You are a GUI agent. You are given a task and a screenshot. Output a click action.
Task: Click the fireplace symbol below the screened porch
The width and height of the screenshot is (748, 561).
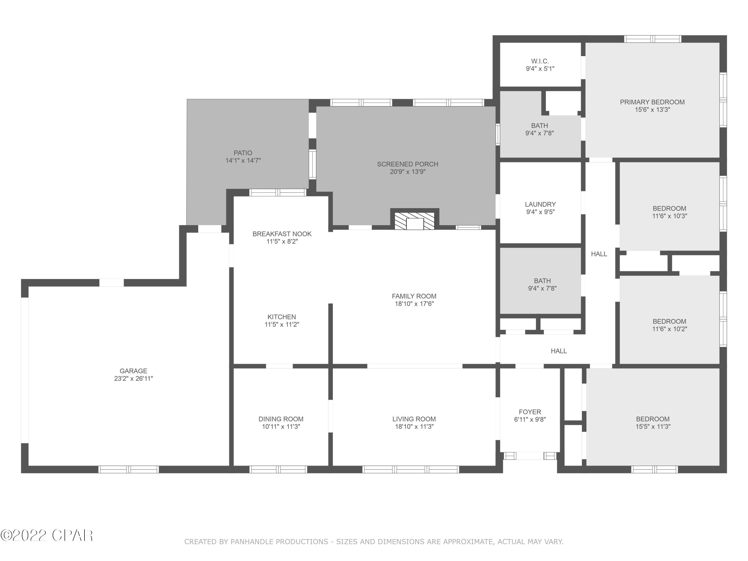coord(415,221)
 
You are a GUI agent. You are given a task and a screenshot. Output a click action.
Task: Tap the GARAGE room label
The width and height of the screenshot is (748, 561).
coord(133,371)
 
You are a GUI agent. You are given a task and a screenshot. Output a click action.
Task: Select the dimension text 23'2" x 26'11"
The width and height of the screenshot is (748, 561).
coord(133,379)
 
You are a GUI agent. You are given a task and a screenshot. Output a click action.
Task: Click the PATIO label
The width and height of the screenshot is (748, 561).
coord(243,153)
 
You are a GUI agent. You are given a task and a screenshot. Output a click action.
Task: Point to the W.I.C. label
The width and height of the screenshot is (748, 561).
coord(540,61)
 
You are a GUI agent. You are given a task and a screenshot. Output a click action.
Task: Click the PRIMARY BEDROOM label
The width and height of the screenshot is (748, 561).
coord(652,102)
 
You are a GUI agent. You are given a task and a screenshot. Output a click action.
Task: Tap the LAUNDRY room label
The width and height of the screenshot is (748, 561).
coord(540,204)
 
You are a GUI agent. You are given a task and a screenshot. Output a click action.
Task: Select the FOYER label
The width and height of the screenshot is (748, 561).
coord(530,412)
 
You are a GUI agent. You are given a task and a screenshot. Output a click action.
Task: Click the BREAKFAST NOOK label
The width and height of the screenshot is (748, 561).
coord(282,234)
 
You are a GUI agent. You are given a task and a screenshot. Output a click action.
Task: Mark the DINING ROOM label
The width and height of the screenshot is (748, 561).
coord(281,419)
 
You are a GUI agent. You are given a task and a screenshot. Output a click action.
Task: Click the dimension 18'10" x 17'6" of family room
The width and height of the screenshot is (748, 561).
coord(414,304)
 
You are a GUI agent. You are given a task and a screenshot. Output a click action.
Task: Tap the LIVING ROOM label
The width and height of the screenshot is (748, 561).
coord(414,419)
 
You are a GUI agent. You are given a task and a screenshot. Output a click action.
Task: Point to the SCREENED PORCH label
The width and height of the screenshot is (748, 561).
coord(407,164)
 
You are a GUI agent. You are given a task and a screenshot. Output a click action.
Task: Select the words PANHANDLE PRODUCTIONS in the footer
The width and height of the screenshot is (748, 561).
coord(279,542)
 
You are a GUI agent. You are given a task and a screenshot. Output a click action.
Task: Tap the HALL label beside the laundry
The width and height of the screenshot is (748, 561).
coord(599,254)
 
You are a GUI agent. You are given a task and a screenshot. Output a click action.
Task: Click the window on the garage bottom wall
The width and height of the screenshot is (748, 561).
coord(128,469)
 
